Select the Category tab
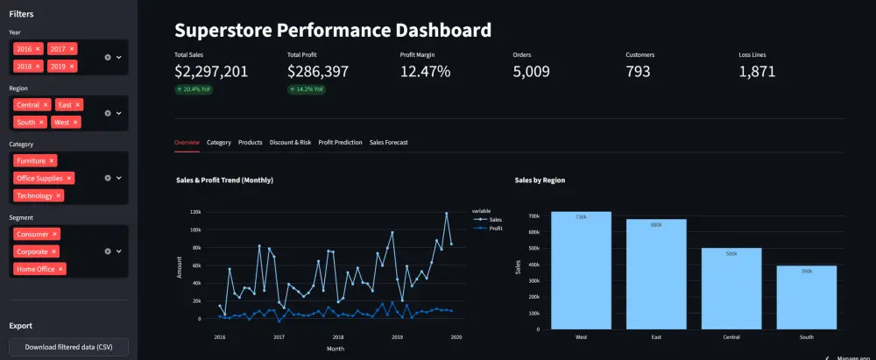click(x=219, y=142)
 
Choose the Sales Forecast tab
click(x=389, y=142)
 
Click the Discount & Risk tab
click(x=290, y=142)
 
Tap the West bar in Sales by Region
click(x=581, y=271)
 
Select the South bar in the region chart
click(x=806, y=298)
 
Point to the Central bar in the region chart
click(x=731, y=289)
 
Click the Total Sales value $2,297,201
click(x=211, y=72)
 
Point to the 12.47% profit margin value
click(x=425, y=72)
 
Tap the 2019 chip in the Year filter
click(x=59, y=66)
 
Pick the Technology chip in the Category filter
click(x=35, y=195)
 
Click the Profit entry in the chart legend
click(x=495, y=228)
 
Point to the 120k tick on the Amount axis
click(x=194, y=212)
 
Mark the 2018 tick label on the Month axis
click(x=337, y=335)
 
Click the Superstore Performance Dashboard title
click(x=333, y=30)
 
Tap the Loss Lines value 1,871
click(x=757, y=72)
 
